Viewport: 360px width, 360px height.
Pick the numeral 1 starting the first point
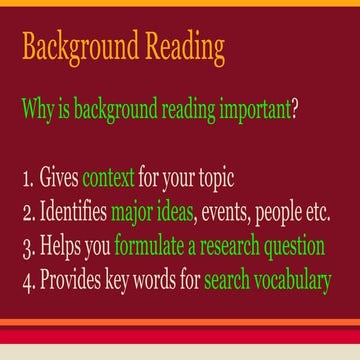pyautogui.click(x=25, y=180)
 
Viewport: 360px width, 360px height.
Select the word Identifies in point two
pyautogui.click(x=73, y=213)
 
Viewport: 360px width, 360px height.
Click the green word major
pyautogui.click(x=140, y=213)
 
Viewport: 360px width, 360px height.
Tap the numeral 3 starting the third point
pyautogui.click(x=25, y=246)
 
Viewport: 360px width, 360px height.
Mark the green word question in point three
pyautogui.click(x=295, y=247)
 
